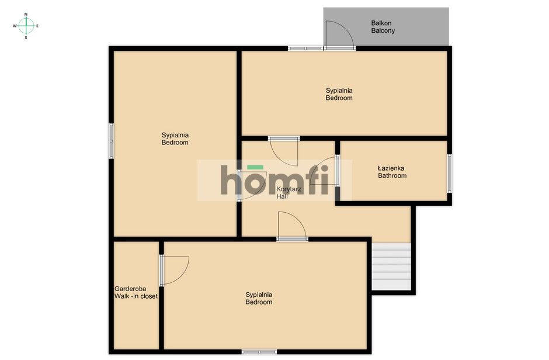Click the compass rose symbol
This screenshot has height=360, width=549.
[26, 26]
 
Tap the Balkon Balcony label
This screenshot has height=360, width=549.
[383, 27]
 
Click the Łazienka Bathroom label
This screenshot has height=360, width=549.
[392, 172]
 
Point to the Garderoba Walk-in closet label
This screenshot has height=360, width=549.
[136, 292]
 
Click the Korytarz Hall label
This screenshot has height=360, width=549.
[289, 193]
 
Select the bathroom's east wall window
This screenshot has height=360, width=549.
[450, 174]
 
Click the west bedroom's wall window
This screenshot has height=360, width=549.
[111, 141]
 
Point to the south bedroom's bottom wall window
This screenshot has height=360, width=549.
[259, 352]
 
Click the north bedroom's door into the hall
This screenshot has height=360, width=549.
[284, 151]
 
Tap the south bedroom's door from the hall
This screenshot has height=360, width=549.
[293, 226]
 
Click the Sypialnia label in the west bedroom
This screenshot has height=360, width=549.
[175, 135]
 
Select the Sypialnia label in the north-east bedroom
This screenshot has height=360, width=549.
[339, 91]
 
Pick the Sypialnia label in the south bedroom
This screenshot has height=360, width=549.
[259, 295]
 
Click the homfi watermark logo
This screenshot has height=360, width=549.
[274, 180]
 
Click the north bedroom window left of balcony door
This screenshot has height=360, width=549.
[305, 49]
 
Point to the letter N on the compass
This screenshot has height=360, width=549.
[26, 15]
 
